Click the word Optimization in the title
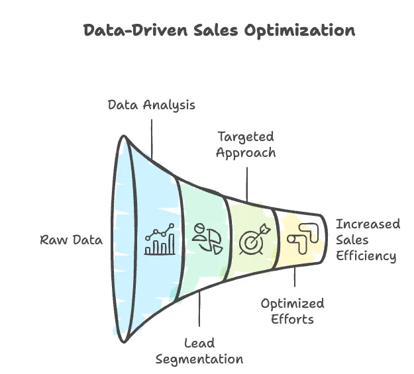pos(307,30)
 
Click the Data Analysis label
pos(152,105)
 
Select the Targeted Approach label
pos(246,144)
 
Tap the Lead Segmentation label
pos(199,351)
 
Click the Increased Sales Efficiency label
pos(366,240)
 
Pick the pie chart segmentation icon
pos(207,238)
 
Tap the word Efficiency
pos(366,256)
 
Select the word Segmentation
pos(199,359)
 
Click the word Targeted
pos(246,136)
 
